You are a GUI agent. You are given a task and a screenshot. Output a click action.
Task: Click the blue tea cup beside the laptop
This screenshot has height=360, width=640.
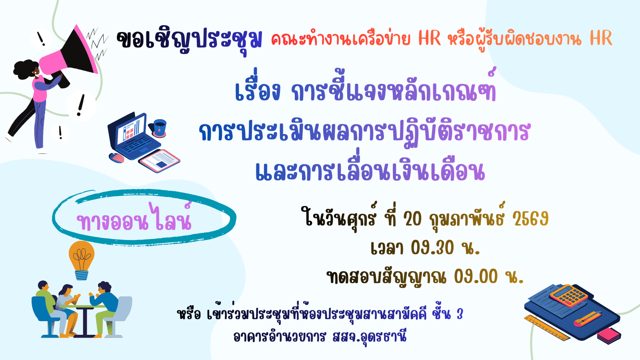pos(159,128)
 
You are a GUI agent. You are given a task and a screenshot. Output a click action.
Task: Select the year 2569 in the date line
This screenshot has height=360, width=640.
pos(530,220)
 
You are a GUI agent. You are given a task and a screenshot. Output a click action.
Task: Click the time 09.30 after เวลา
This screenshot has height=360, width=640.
pos(432,248)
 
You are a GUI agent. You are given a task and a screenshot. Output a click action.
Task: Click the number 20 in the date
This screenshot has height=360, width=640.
pos(412,220)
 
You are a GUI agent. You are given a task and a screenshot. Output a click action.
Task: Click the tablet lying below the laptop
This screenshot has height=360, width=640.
pos(160,160)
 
